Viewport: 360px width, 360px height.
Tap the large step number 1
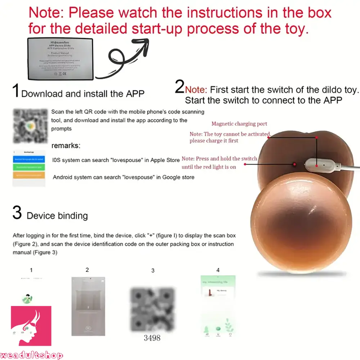point(16,91)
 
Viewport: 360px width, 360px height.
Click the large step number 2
point(179,87)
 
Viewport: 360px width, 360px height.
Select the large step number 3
point(17,213)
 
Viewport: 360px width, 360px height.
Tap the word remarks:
point(66,146)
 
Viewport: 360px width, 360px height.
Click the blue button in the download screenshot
point(29,158)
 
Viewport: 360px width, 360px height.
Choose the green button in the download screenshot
point(29,167)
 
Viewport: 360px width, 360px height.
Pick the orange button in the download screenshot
point(29,175)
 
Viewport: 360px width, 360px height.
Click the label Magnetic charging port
point(239,124)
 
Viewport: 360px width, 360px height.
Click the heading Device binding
point(57,216)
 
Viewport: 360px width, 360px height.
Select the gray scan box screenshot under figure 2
point(88,306)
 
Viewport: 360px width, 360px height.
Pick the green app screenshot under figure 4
point(217,306)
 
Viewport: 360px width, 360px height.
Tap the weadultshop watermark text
point(32,355)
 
